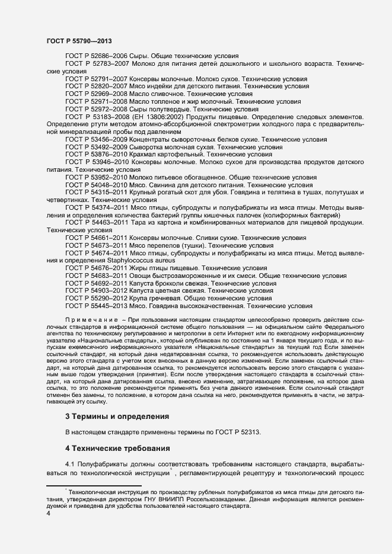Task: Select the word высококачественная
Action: click(x=209, y=306)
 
